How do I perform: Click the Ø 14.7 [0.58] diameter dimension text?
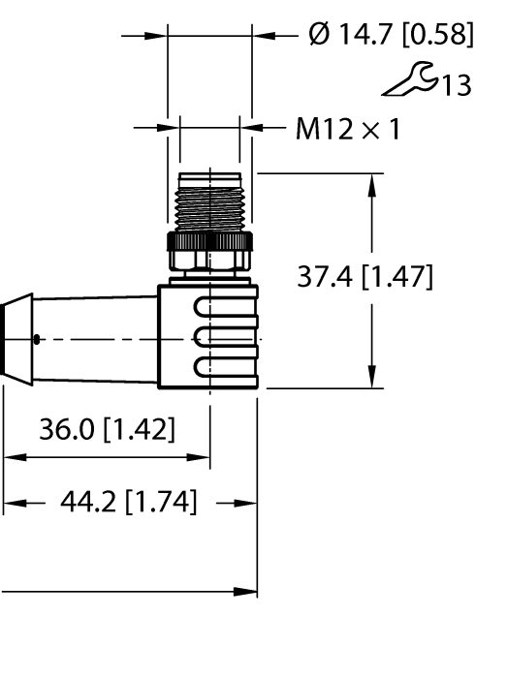pos(391,35)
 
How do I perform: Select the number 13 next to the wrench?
pos(457,85)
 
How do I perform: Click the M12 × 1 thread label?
pos(348,129)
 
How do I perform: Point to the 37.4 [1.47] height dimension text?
pos(364,277)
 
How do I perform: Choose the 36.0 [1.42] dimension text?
pos(108,429)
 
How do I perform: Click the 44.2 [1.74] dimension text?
pos(129,502)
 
